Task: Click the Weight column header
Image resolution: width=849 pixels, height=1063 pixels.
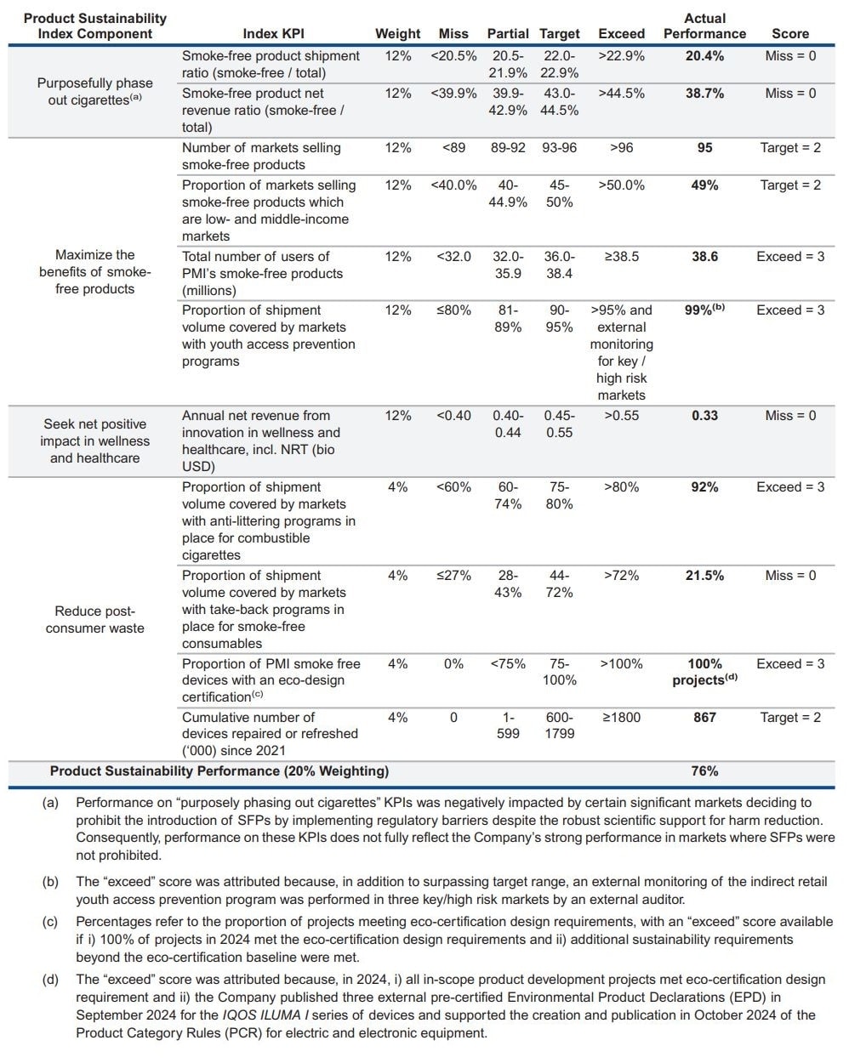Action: coord(397,34)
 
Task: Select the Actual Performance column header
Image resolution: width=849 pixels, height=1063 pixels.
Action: coord(704,26)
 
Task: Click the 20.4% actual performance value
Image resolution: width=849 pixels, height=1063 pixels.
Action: coord(704,56)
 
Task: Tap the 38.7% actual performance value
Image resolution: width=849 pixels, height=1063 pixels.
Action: coord(704,94)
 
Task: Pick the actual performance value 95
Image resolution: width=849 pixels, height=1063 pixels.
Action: coord(704,148)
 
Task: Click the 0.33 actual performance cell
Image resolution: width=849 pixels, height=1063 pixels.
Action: coord(704,416)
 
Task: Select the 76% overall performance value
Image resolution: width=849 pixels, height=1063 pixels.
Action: coord(704,771)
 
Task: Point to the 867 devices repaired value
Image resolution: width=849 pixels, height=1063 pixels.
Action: coord(704,718)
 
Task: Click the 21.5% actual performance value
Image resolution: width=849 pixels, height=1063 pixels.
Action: coord(704,576)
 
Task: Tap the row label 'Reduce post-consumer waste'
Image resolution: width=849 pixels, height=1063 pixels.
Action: coord(94,620)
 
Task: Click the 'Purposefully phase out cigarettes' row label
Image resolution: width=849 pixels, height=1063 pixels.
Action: coord(94,92)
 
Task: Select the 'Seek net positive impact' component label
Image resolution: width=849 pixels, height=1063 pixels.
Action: coord(94,441)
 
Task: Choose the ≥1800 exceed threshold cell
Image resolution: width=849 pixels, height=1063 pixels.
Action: coord(621,718)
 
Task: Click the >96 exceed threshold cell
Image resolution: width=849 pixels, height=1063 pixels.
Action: coord(621,148)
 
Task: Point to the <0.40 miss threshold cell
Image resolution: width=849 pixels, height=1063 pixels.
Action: coord(453,416)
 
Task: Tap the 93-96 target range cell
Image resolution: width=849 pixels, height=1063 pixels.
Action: coord(559,148)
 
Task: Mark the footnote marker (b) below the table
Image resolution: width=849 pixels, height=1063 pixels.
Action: coord(51,882)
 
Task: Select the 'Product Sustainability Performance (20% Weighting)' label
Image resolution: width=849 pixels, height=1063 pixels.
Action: coord(219,771)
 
